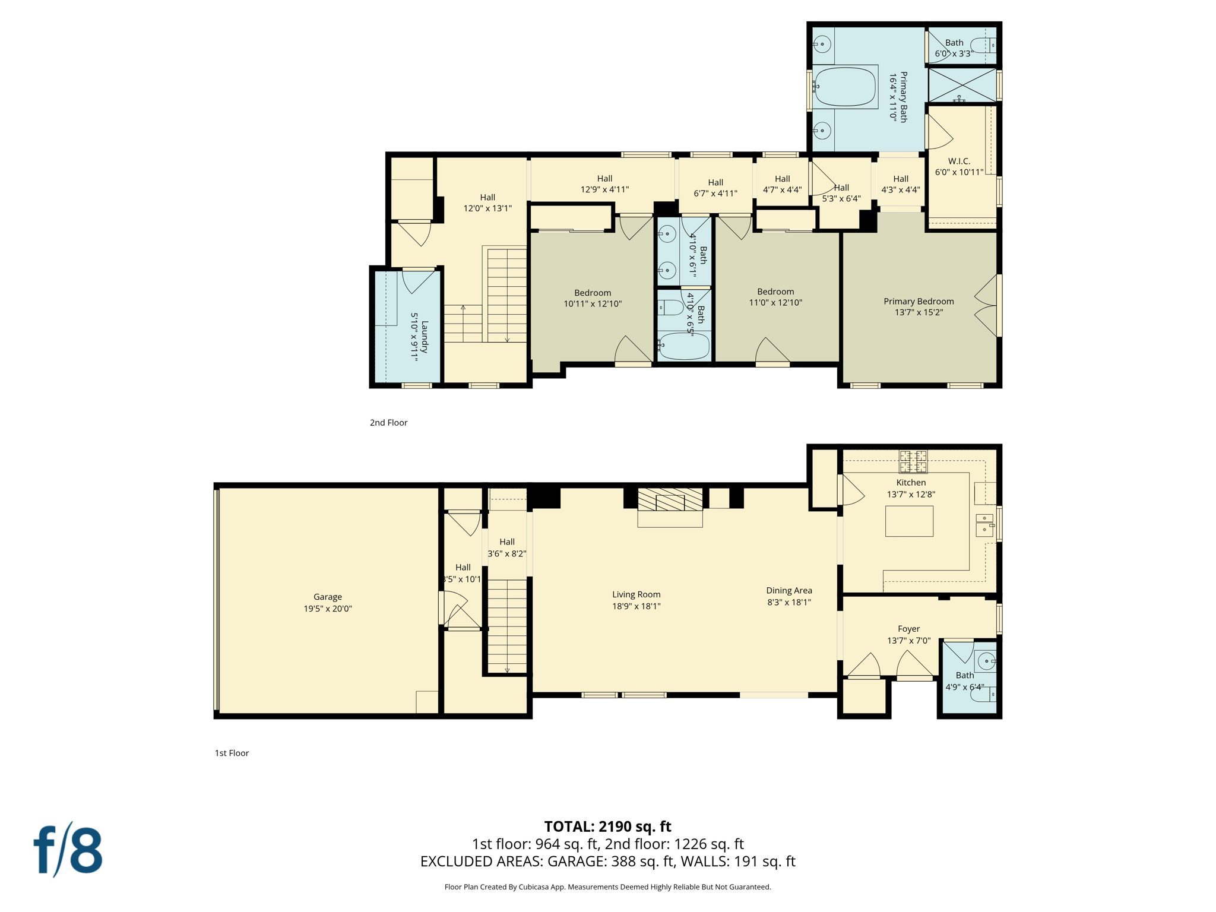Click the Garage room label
(x=328, y=597)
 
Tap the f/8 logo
(x=68, y=850)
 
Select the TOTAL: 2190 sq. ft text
(x=607, y=826)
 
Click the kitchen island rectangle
(x=908, y=521)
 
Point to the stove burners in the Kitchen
(x=913, y=461)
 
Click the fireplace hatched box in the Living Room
(x=670, y=499)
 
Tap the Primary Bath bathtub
(x=845, y=87)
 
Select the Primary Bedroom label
(x=918, y=301)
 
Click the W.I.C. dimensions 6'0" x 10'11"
(x=959, y=172)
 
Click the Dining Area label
(x=788, y=590)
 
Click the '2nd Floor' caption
(x=388, y=423)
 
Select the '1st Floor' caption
(x=232, y=753)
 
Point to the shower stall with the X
(x=962, y=85)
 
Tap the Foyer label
(x=908, y=629)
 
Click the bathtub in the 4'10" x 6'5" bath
(x=684, y=346)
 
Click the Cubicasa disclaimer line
(x=607, y=887)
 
